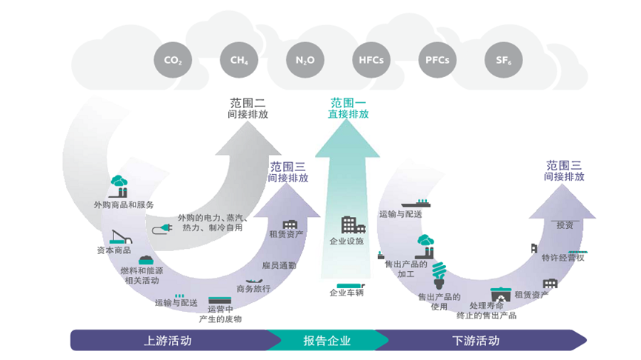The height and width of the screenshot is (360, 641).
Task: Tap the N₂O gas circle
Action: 305,60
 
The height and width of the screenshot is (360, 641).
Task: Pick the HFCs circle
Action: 371,60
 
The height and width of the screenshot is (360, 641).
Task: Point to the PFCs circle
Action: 436,60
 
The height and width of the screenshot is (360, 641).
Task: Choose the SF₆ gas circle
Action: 502,60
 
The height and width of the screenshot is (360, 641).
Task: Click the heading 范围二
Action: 247,104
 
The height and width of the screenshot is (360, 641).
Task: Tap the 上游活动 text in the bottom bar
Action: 167,341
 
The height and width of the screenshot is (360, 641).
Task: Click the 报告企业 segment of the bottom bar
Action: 327,341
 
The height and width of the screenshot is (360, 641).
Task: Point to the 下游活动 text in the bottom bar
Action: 475,341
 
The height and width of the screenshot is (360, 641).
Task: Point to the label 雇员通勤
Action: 279,265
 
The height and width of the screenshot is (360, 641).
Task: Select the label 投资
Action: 565,224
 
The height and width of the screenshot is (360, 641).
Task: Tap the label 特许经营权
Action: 563,258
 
